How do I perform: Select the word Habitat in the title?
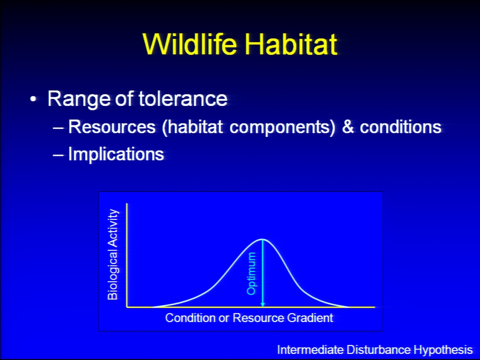point(291,44)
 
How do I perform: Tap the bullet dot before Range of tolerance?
point(33,99)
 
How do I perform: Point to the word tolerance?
point(183,98)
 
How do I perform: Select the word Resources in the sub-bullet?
point(111,126)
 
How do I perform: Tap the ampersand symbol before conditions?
point(348,126)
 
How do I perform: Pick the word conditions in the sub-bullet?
point(400,126)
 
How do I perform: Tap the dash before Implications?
point(58,155)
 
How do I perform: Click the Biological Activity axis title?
point(112,254)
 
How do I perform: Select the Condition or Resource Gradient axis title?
point(249,318)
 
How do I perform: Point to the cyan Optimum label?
point(251,273)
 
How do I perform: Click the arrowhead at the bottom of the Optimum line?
point(262,304)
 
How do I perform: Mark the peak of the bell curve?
point(262,239)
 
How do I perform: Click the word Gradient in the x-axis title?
point(310,318)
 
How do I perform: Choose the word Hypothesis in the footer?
point(443,349)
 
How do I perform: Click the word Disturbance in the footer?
point(378,349)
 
